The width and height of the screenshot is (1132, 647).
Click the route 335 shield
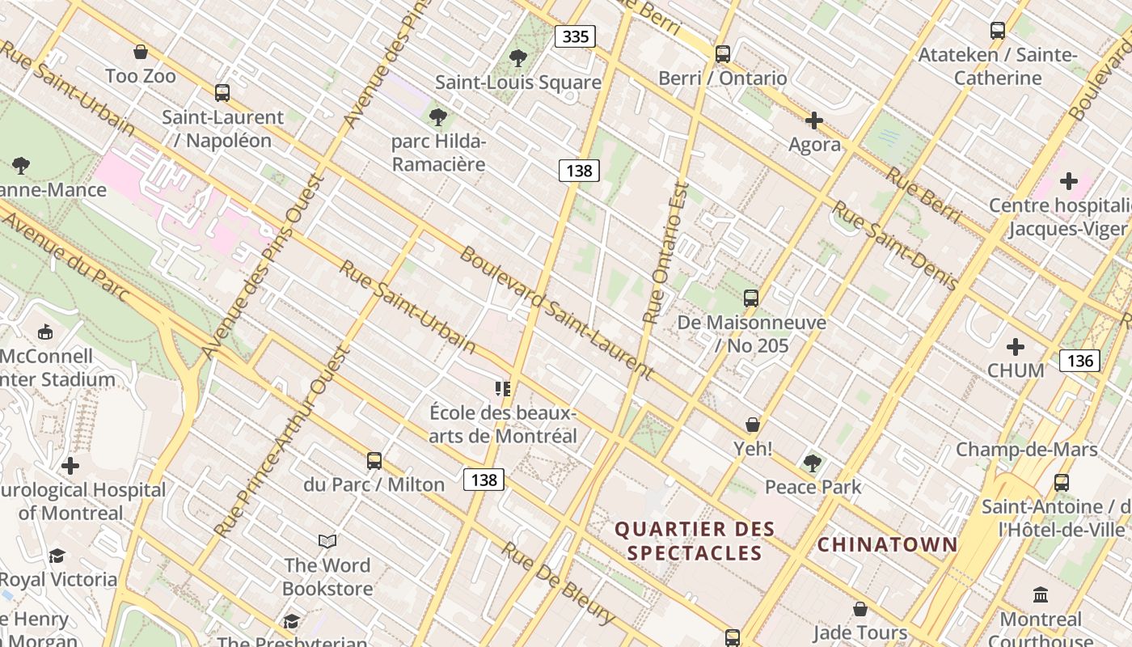(575, 36)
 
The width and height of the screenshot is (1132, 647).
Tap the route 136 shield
(1079, 361)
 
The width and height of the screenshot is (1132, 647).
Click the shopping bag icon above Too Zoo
(141, 53)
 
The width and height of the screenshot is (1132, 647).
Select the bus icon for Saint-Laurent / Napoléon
(222, 93)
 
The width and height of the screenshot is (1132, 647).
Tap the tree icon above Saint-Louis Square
(518, 58)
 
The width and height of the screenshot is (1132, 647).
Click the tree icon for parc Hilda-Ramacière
(438, 117)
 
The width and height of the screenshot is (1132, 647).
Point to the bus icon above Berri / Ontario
(722, 54)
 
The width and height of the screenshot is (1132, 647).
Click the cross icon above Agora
(814, 121)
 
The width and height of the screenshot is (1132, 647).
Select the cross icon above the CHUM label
(1016, 347)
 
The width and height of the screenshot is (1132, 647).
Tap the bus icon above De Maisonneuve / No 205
(751, 298)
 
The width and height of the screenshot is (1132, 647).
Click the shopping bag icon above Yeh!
(753, 425)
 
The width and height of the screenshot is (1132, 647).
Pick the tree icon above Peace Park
(813, 463)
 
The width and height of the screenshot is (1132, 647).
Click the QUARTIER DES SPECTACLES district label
(695, 541)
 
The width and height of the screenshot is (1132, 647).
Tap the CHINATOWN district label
(887, 544)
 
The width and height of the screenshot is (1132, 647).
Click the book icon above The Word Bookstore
(327, 541)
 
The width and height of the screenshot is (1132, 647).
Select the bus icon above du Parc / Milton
(374, 461)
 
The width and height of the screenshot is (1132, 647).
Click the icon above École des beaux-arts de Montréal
(503, 389)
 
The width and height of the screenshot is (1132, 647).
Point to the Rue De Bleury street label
(557, 583)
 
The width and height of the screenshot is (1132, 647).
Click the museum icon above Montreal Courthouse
(1041, 595)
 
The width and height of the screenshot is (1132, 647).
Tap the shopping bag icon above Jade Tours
(860, 608)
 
